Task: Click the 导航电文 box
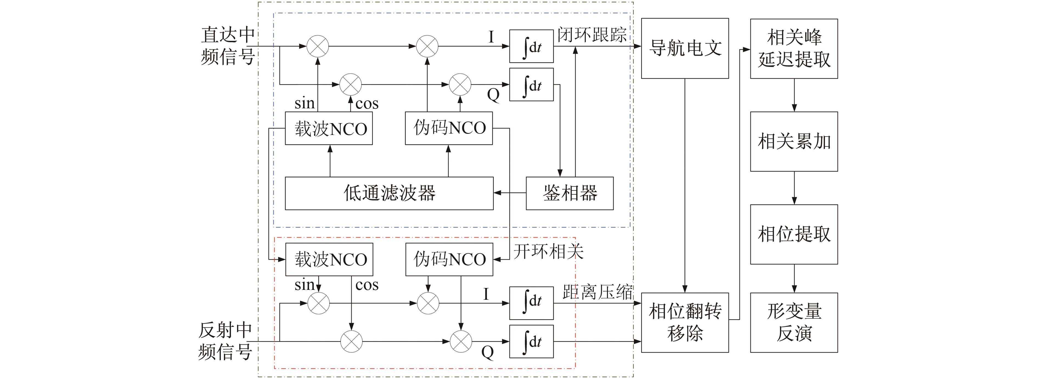684,48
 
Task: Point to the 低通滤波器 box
389,193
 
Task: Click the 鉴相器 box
569,193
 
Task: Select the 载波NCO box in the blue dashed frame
328,128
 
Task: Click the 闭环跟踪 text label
591,35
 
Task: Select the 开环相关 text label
548,251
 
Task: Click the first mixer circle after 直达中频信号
318,46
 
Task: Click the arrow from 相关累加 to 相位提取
794,188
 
